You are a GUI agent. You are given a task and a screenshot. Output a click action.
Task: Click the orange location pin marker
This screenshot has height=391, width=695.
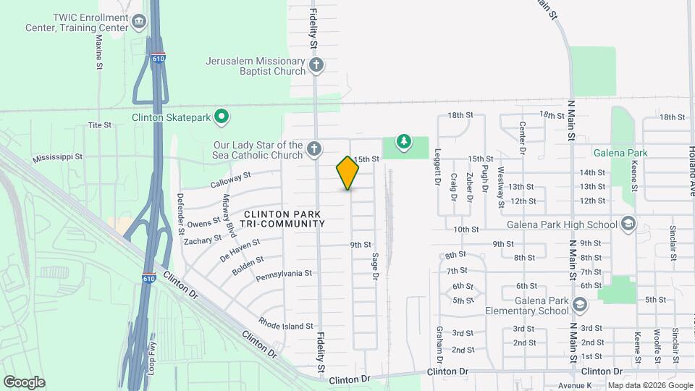[x=348, y=172]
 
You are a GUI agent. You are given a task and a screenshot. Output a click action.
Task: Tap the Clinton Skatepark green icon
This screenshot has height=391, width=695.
[x=224, y=116]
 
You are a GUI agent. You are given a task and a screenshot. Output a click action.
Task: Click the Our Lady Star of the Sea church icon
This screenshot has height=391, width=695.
[x=313, y=149]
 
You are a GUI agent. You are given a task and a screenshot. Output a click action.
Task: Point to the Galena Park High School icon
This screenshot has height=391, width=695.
[x=628, y=224]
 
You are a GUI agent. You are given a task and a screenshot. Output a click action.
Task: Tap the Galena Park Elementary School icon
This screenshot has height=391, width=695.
[x=579, y=306]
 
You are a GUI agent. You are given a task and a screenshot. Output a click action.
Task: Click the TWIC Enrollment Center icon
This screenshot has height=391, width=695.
[x=138, y=22]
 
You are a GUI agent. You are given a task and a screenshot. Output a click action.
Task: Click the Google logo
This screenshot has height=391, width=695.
[x=24, y=382]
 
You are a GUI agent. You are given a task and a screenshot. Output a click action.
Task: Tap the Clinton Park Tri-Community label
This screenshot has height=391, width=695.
[x=284, y=219]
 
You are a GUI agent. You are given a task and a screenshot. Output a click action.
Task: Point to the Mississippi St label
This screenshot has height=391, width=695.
[x=58, y=156]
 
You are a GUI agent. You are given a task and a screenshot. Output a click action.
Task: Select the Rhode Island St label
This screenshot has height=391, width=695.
[x=286, y=327]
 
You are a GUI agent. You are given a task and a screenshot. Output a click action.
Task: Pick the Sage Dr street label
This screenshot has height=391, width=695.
[x=375, y=266]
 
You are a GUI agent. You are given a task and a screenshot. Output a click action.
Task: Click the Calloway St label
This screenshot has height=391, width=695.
[x=230, y=180]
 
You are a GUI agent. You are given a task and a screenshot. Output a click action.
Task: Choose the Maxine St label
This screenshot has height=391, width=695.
[x=99, y=51]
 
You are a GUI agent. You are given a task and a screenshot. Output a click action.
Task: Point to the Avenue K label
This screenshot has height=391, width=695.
[x=575, y=384]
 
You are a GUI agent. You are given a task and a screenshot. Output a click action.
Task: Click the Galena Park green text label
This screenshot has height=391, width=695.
[x=619, y=153]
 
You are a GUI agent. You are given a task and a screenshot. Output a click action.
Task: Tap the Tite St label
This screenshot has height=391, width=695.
[x=100, y=125]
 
